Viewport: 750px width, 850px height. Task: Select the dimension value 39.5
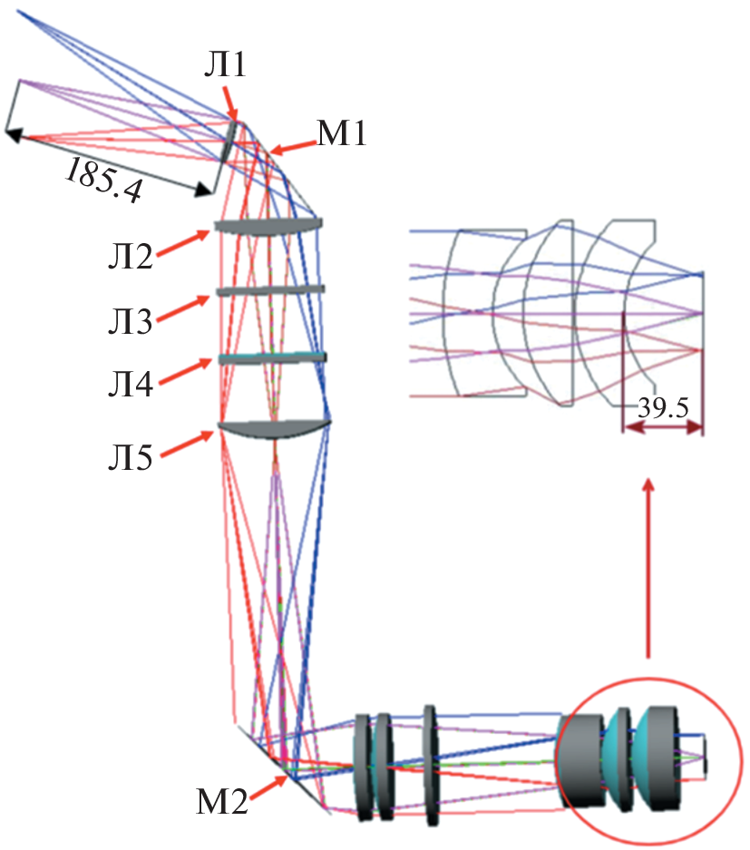point(662,407)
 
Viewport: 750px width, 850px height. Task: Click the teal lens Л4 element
point(271,358)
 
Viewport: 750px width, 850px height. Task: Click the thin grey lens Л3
point(270,290)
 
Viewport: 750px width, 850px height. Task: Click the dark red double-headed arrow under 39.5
point(662,430)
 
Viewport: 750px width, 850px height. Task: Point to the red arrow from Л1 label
point(232,100)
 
